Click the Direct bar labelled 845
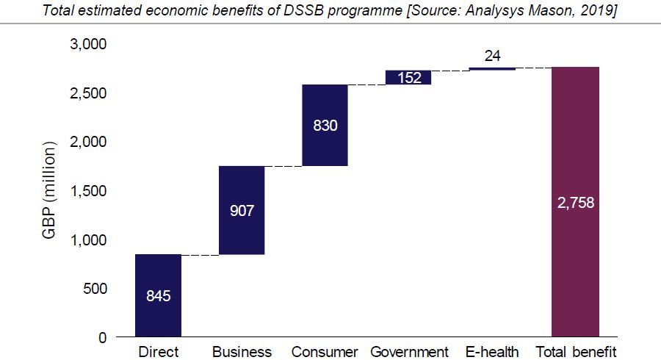pos(158,295)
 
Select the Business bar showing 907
pos(242,210)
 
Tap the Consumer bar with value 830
pos(325,125)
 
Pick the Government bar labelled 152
pos(408,77)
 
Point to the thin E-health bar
pos(491,68)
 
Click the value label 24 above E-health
pos(492,55)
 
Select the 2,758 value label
pos(575,204)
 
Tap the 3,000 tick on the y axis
pos(88,45)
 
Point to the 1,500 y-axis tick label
pos(88,191)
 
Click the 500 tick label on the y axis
pos(93,289)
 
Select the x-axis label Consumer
pos(325,352)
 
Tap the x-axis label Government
pos(409,352)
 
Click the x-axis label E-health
pos(492,352)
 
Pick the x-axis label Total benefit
pos(576,352)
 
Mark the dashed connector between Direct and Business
pos(200,255)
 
